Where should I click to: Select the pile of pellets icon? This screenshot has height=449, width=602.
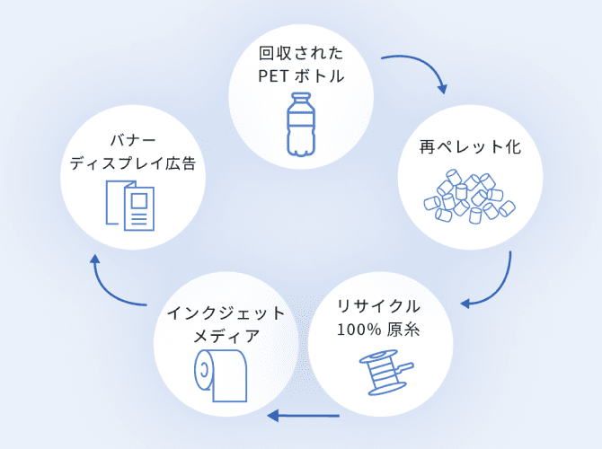[469, 198]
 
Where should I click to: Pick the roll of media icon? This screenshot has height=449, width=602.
[222, 373]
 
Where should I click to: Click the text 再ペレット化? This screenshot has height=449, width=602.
[470, 146]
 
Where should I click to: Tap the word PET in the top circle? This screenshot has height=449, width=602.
[271, 75]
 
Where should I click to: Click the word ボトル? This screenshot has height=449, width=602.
[320, 75]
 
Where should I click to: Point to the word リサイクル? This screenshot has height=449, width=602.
[378, 305]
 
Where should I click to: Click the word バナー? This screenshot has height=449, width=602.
[133, 140]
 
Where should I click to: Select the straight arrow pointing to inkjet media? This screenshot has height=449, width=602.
[302, 416]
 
